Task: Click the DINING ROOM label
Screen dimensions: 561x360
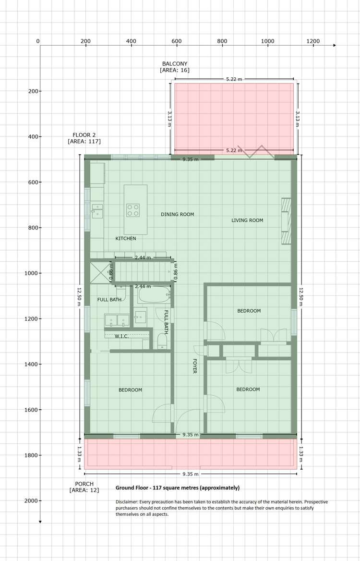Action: [x=177, y=214]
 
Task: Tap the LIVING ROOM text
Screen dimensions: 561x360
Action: [x=247, y=220]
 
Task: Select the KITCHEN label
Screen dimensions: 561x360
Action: [x=126, y=238]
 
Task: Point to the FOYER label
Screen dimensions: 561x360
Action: [x=195, y=366]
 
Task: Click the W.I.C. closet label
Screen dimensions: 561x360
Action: [x=121, y=336]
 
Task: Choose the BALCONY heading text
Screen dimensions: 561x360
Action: [x=174, y=63]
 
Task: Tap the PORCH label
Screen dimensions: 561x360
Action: [x=84, y=484]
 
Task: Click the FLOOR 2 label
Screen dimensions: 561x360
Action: [x=84, y=134]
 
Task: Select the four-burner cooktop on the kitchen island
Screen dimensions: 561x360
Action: [x=133, y=210]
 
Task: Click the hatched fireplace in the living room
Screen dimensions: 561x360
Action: [x=286, y=221]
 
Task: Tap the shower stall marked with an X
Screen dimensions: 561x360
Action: [x=101, y=272]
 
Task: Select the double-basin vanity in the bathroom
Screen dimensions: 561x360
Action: [x=117, y=319]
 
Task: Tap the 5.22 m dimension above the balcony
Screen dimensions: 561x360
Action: [x=234, y=79]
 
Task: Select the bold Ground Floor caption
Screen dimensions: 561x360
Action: [x=177, y=488]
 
